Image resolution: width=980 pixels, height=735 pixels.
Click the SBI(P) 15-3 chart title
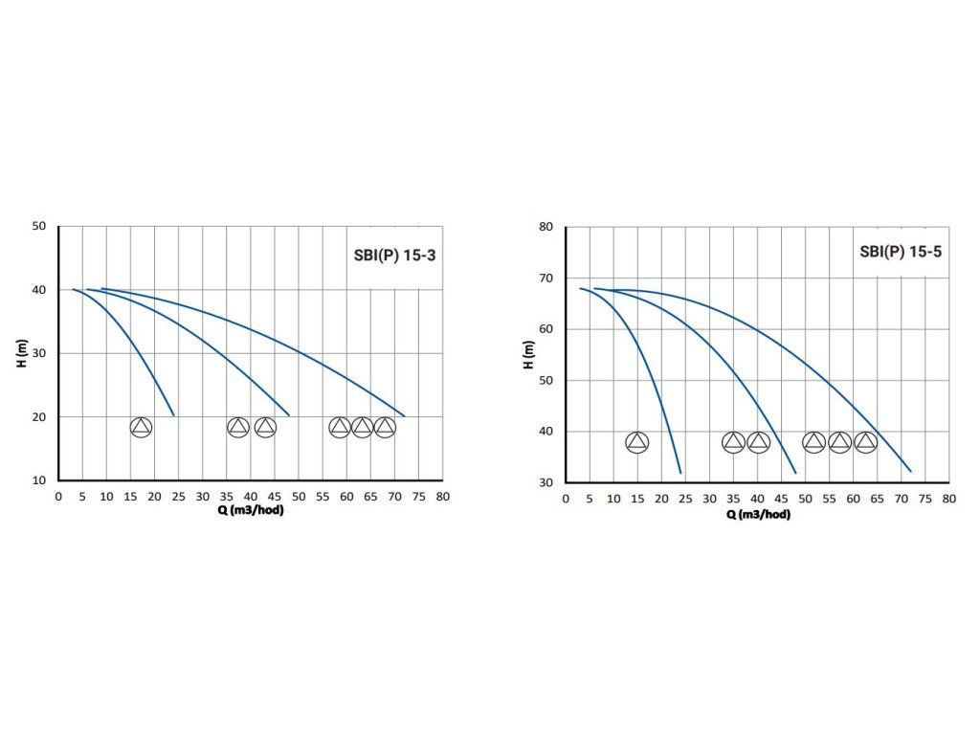(x=394, y=256)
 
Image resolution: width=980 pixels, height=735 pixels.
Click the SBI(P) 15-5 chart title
(x=901, y=253)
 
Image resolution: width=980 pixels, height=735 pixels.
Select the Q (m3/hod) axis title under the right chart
(x=758, y=514)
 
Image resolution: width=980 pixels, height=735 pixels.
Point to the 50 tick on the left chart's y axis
(x=39, y=226)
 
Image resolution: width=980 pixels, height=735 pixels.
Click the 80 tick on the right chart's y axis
(x=546, y=227)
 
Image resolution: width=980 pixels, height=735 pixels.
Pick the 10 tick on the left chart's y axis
(x=39, y=480)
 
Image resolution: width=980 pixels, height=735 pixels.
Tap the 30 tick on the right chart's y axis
(x=546, y=482)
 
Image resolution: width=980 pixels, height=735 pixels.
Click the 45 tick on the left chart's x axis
(x=275, y=497)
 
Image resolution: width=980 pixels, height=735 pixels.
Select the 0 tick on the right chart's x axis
(x=566, y=499)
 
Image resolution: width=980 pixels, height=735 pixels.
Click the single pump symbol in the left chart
(x=141, y=428)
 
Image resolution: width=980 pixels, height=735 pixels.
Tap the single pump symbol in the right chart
(x=636, y=442)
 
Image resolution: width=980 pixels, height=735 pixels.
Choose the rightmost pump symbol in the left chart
(x=385, y=428)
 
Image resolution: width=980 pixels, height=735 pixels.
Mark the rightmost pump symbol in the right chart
(x=865, y=442)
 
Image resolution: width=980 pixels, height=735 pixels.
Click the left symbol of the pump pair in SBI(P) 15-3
(x=238, y=428)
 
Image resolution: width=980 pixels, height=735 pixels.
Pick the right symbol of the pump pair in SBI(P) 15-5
(x=758, y=442)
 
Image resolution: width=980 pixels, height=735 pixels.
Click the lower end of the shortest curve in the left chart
(x=174, y=415)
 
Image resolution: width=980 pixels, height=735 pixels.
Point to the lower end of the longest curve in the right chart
(x=910, y=471)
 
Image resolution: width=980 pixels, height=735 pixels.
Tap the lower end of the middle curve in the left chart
(x=289, y=415)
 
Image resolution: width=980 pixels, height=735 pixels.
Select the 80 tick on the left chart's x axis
(x=442, y=497)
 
